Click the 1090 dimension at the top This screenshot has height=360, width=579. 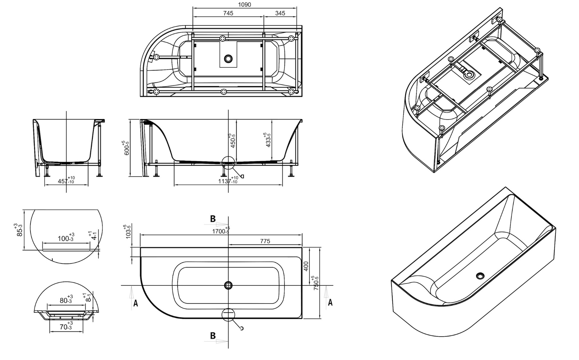244,5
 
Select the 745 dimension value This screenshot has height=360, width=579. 228,13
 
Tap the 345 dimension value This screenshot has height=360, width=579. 280,13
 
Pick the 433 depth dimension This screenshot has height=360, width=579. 268,140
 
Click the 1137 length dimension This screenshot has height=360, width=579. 228,180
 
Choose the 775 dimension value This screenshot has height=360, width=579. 265,241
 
